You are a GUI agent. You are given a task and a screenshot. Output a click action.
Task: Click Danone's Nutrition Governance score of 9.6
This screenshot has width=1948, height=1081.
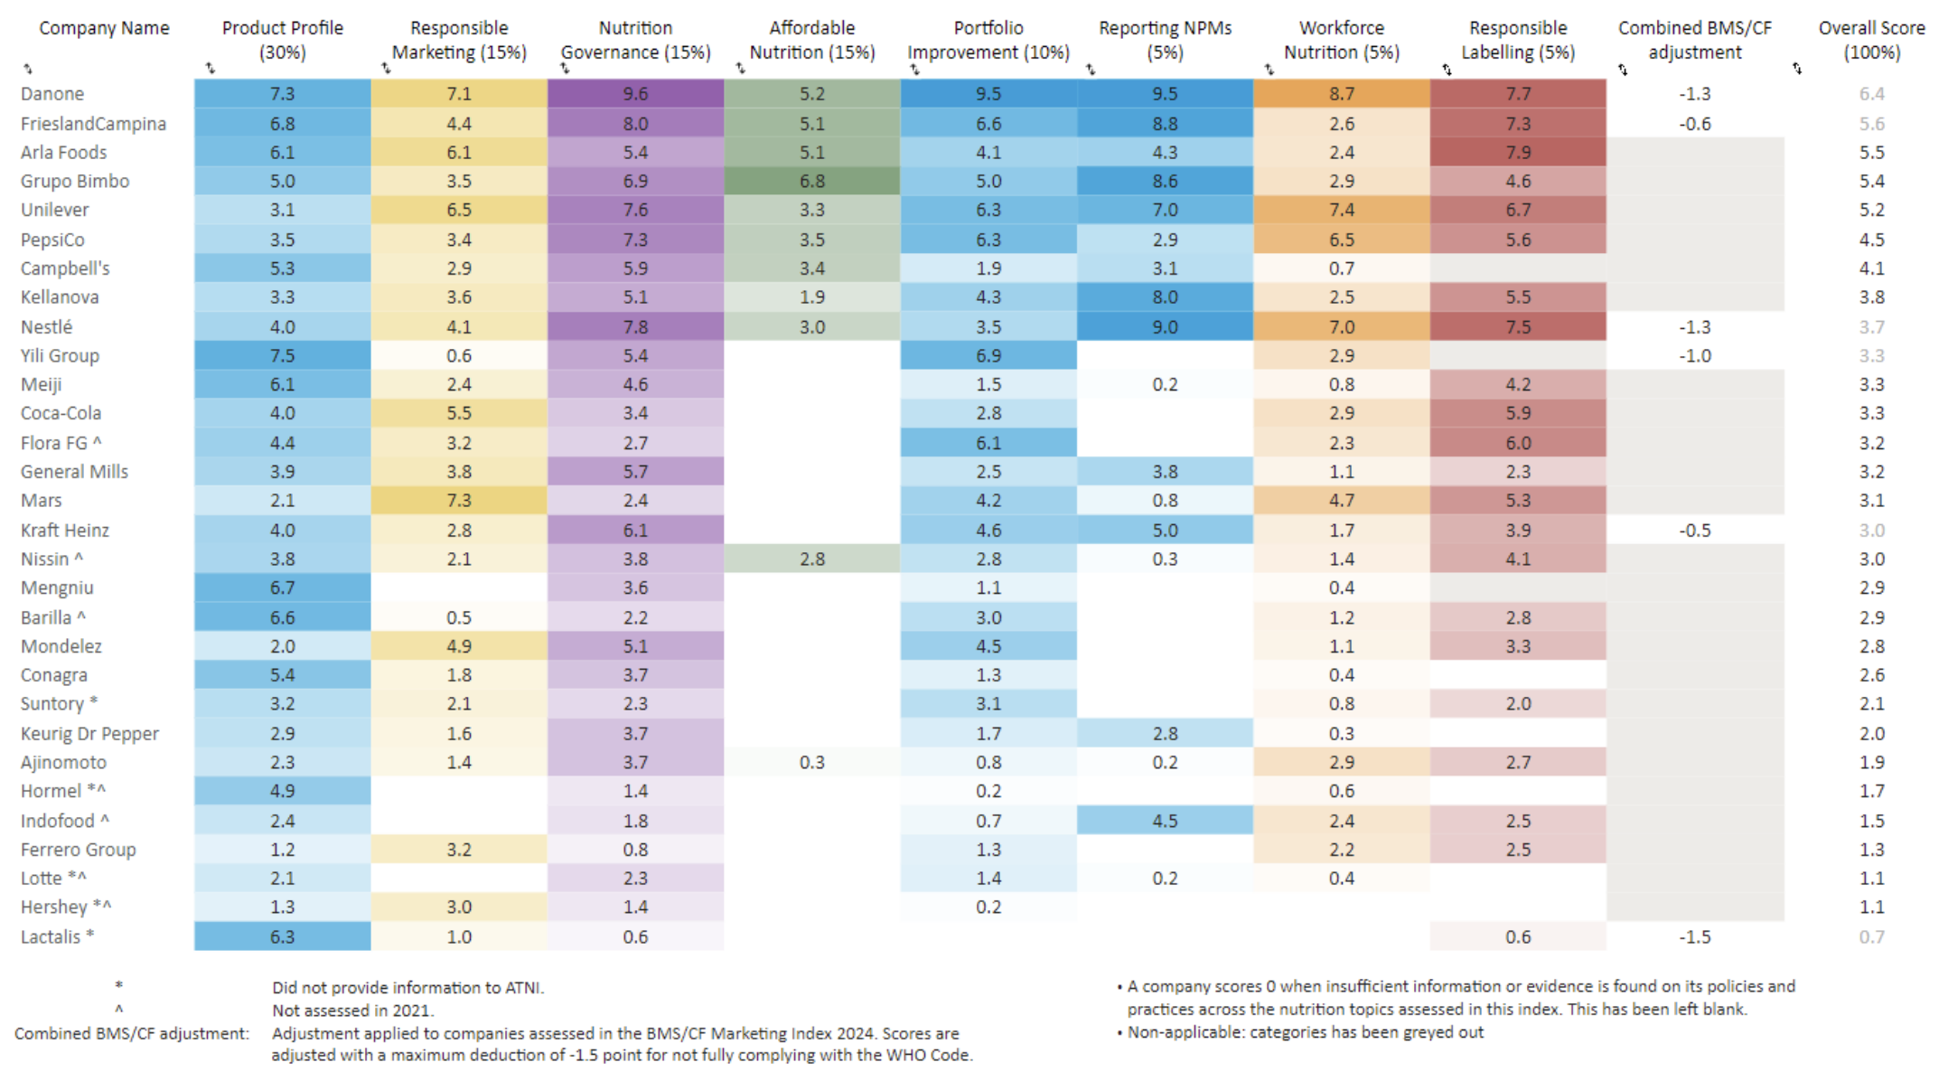pos(635,94)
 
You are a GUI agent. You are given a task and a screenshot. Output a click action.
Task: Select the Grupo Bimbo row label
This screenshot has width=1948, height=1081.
pos(75,182)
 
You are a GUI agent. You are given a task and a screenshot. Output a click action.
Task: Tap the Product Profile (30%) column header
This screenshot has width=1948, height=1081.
pos(282,41)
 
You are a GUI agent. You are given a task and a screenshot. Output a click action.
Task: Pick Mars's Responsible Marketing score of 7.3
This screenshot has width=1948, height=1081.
pos(458,501)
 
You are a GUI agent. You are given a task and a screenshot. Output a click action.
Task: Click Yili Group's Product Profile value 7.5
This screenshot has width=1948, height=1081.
pos(282,356)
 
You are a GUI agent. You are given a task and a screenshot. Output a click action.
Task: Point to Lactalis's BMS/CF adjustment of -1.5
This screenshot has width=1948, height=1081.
pos(1694,937)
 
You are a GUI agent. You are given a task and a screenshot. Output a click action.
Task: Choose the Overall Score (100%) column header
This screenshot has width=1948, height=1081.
pos(1871,41)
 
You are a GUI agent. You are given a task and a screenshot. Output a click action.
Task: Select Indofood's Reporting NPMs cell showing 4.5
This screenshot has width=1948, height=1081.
pos(1165,821)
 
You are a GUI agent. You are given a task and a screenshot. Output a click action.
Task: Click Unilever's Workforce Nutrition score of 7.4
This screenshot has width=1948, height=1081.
pos(1341,210)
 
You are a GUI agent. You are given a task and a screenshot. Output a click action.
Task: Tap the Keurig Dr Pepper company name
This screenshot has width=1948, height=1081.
pos(89,734)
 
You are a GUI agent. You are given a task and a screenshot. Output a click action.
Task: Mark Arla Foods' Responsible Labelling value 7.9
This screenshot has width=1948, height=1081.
pos(1518,153)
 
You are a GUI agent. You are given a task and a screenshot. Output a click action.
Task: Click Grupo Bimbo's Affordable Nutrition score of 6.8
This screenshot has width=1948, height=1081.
pos(811,182)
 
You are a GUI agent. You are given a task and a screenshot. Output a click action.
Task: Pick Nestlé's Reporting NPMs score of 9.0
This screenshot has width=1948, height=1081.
pos(1165,327)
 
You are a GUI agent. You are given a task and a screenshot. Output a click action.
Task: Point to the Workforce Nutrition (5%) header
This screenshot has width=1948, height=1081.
pos(1341,41)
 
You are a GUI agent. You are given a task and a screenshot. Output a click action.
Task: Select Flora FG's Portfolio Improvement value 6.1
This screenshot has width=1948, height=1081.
pos(988,443)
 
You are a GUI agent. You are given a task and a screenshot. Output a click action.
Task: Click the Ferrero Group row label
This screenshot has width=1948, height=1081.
pos(79,850)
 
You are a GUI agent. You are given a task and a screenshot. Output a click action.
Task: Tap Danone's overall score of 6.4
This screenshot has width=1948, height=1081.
pos(1871,94)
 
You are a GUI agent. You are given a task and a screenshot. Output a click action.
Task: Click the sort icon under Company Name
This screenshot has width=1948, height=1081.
pos(28,69)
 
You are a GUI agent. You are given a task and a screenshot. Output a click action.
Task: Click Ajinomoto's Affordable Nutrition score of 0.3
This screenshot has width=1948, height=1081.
pos(811,763)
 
